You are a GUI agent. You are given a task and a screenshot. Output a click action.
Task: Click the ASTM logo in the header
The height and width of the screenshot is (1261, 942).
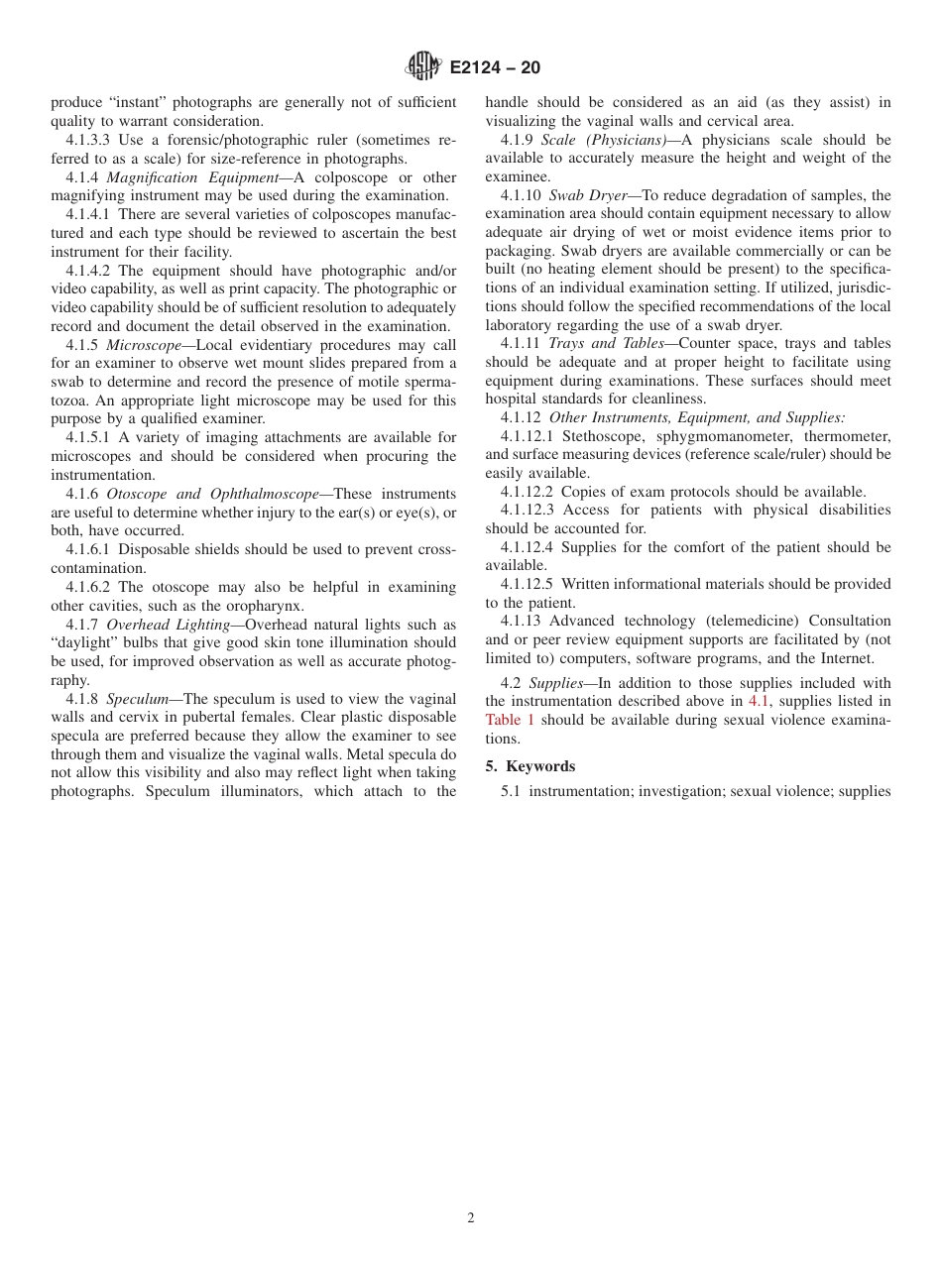(x=423, y=67)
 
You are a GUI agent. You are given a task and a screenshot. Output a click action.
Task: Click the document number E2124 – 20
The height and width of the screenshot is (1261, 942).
(x=495, y=68)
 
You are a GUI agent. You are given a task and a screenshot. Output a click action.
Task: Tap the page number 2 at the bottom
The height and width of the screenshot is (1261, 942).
(x=471, y=1218)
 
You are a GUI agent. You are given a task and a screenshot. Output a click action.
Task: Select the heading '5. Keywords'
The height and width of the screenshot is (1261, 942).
(x=530, y=766)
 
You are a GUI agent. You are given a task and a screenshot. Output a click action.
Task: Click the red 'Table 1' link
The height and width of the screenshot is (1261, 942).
(x=503, y=720)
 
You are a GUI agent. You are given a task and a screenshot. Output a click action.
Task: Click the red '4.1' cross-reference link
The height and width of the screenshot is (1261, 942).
(x=759, y=702)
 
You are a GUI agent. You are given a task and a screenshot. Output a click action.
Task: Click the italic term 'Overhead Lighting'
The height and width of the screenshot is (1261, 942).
(x=168, y=625)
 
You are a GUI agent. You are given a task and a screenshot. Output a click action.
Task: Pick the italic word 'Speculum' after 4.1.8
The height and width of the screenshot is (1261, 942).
(x=137, y=699)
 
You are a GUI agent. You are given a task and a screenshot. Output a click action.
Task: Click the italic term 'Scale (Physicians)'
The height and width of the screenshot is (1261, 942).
(x=604, y=140)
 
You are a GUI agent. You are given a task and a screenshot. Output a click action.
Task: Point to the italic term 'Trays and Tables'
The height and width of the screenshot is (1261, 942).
(x=606, y=344)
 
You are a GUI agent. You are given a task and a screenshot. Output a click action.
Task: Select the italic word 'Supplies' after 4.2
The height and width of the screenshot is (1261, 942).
(x=556, y=683)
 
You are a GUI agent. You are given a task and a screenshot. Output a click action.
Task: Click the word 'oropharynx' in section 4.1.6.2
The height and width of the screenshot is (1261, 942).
(x=267, y=606)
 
